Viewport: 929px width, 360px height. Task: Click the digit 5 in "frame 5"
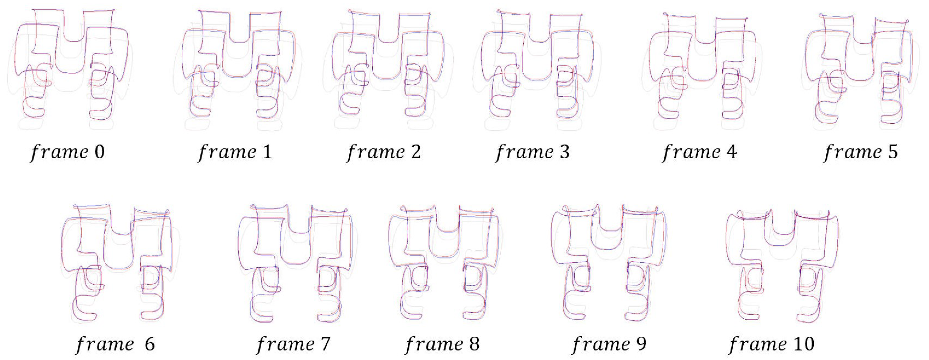tap(893, 152)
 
